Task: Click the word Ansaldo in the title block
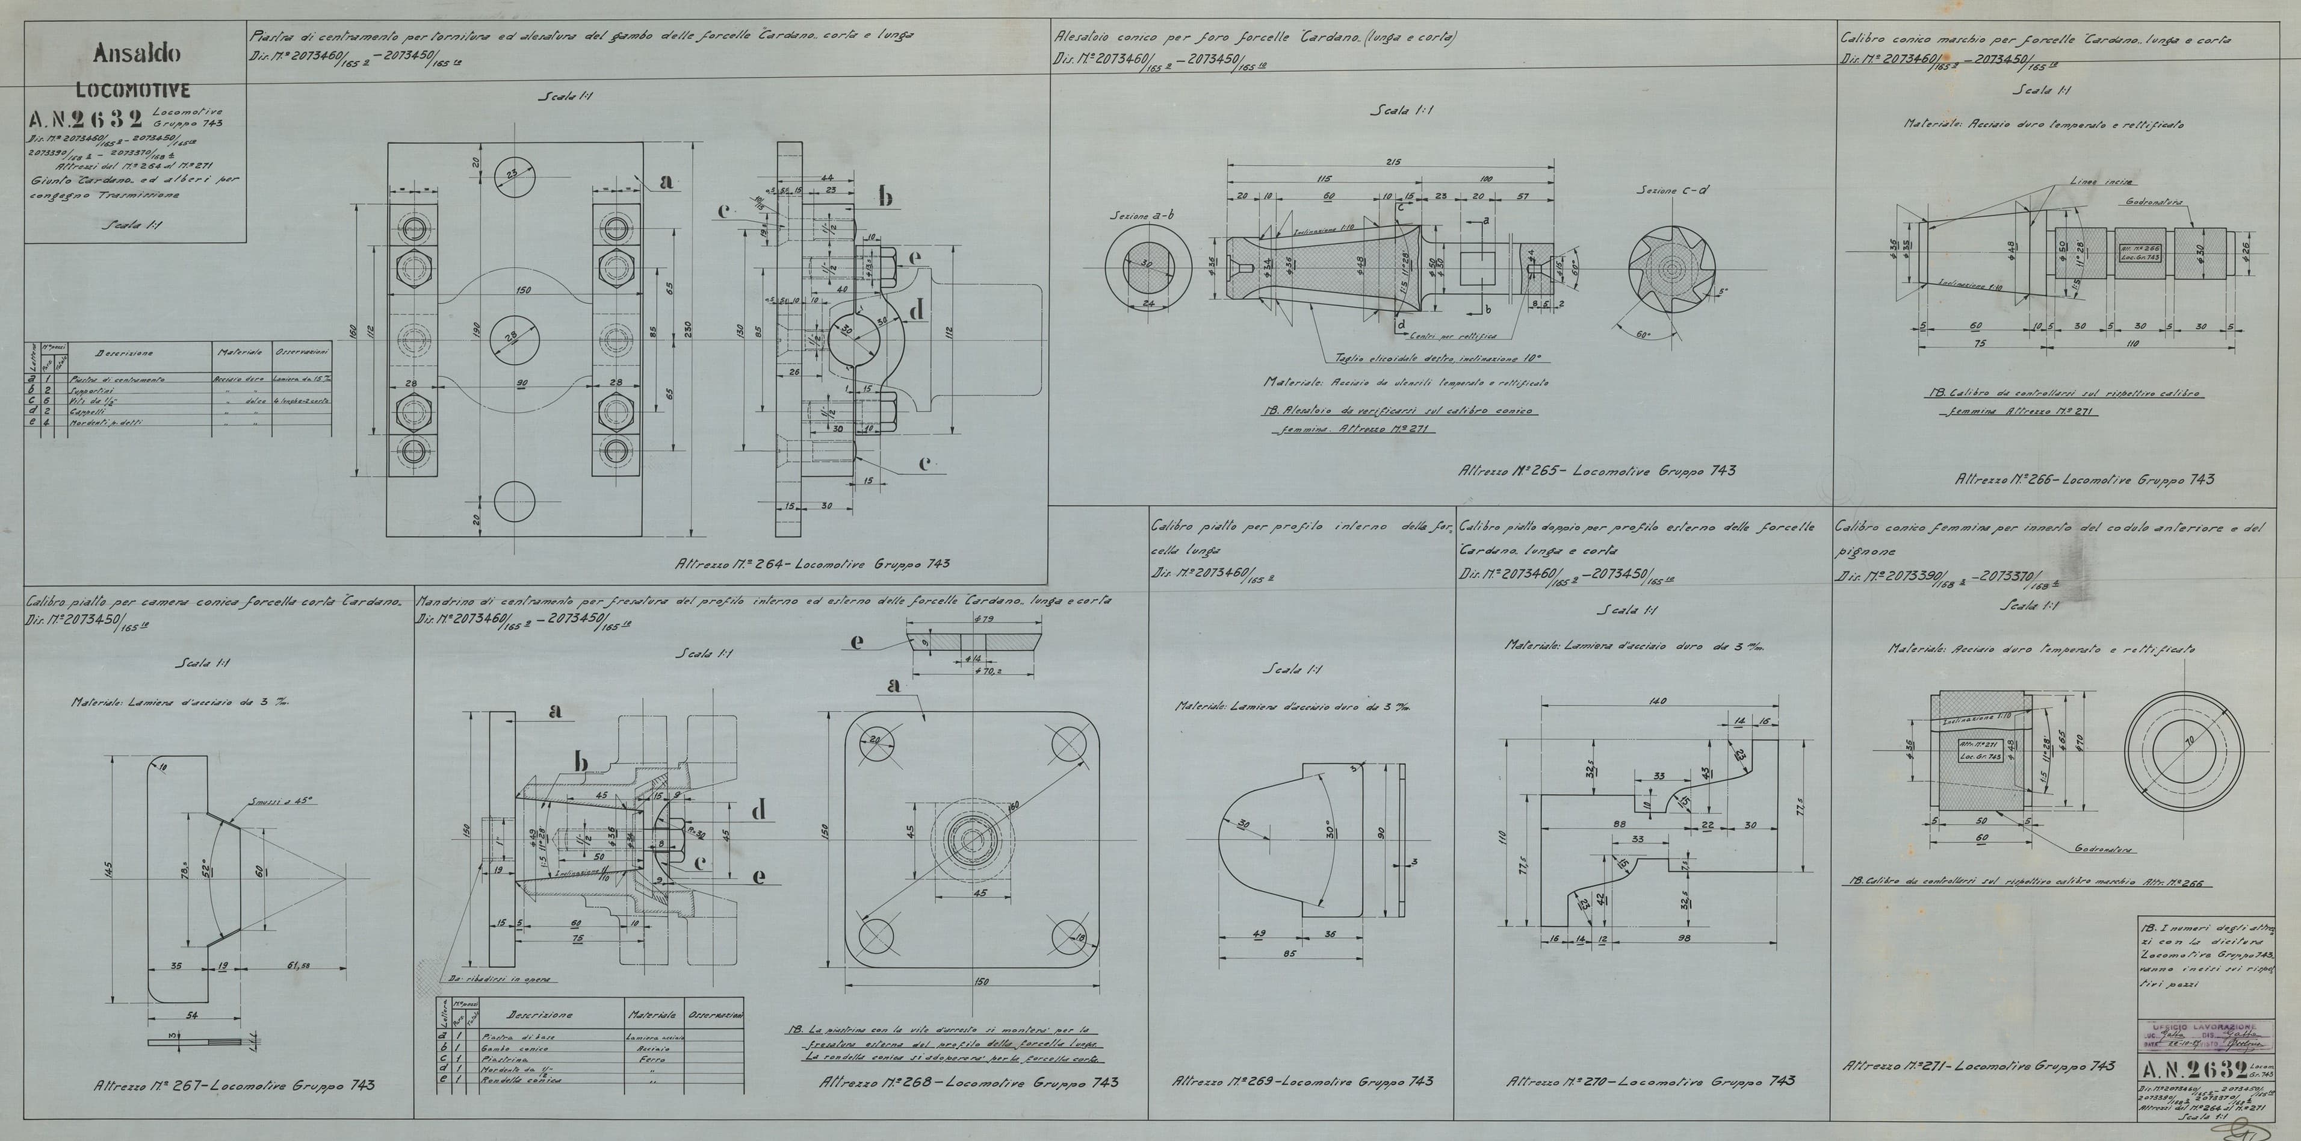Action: click(136, 54)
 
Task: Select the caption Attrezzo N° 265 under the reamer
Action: click(1596, 470)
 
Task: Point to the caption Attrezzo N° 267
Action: click(235, 1085)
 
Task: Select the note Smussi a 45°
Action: click(281, 801)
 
